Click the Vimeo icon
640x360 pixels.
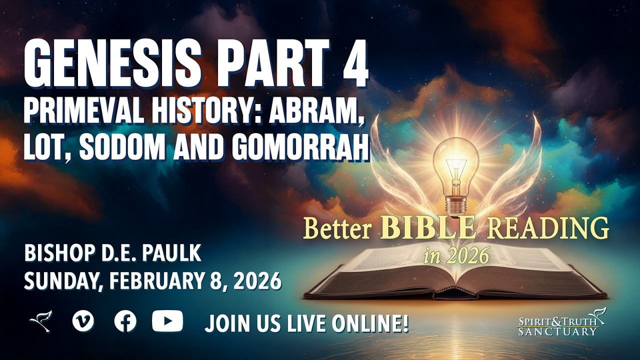(82, 321)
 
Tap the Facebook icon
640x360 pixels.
(125, 321)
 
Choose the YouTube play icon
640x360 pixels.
(167, 321)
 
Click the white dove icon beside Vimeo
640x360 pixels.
(40, 321)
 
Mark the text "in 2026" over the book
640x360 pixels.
(456, 256)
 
